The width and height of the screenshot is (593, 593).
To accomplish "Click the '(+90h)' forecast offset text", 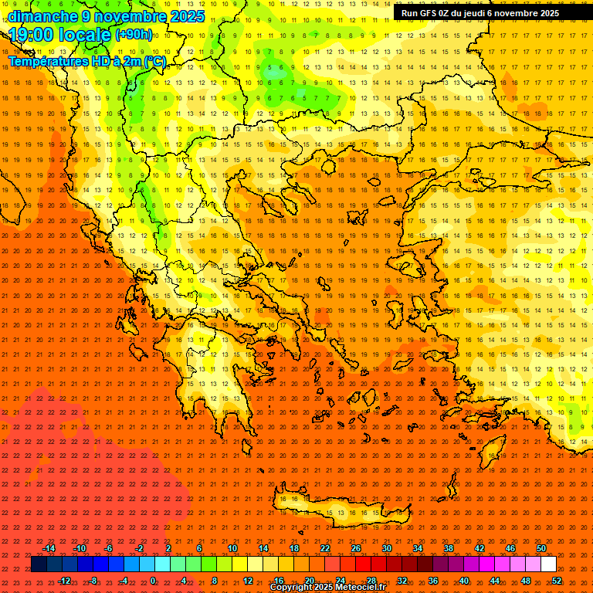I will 134,35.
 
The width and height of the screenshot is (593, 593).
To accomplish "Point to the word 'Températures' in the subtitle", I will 46,61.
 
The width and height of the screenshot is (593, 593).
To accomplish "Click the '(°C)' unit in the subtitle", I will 154,61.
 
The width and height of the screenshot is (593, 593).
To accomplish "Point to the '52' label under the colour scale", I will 557,581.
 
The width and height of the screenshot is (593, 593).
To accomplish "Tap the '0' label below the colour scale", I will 153,581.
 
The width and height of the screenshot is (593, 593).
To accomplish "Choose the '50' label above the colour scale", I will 541,548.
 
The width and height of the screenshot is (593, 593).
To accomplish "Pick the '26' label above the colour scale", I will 356,548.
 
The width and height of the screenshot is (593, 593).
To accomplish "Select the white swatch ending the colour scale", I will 548,564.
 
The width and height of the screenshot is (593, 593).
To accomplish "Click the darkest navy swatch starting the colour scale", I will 39,564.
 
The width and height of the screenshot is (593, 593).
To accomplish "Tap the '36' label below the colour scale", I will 433,581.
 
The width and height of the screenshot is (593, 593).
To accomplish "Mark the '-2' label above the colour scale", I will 139,548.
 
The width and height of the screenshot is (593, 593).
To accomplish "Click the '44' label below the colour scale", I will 495,581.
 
